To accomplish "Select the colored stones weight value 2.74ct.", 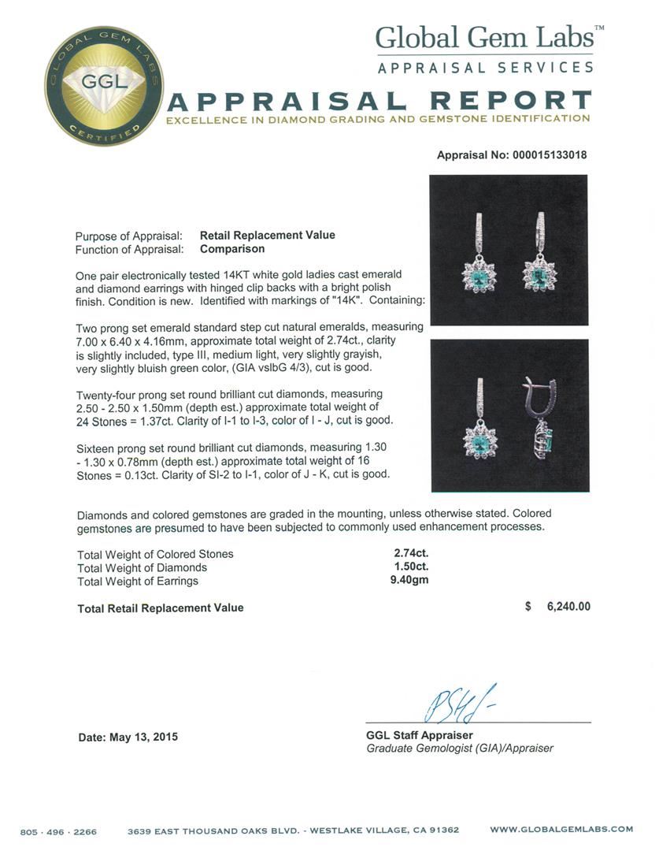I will click(412, 554).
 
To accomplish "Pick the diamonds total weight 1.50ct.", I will click(412, 567).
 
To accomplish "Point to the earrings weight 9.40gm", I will click(412, 581).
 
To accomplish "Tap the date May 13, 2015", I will click(128, 738).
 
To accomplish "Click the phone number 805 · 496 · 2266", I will click(60, 830).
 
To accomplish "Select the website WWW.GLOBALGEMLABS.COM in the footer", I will click(561, 830).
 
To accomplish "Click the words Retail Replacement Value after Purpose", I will click(267, 235).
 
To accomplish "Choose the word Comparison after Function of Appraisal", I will click(232, 248).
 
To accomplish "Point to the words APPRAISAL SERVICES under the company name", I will click(486, 68).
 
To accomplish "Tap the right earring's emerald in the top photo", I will click(540, 276).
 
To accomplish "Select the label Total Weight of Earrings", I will click(138, 581).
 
